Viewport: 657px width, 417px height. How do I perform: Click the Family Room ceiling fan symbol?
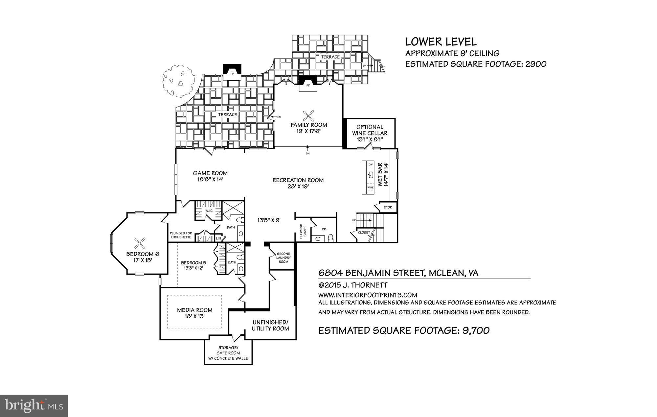coord(308,115)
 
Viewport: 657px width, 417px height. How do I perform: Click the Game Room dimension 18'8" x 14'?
coord(210,180)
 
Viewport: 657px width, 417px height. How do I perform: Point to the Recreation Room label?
coord(298,180)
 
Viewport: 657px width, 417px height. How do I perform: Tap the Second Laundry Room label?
coord(283,258)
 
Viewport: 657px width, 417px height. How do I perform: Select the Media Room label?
coord(194,310)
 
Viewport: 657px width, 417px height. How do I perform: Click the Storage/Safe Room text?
coord(228,353)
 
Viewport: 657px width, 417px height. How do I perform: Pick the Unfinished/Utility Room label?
coord(270,325)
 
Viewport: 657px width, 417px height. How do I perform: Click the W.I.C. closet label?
coord(210,211)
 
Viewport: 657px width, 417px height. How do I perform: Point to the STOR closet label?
coord(388,208)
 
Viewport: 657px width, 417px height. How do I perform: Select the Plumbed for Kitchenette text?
coord(181,235)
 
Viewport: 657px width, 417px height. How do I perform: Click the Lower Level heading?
coord(441,42)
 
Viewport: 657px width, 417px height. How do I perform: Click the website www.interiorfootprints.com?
coord(368,295)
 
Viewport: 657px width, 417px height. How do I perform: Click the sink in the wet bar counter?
coord(371,174)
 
